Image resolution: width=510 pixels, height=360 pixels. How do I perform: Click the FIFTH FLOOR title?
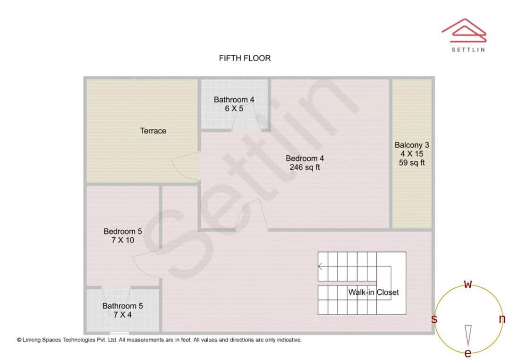pyautogui.click(x=245, y=58)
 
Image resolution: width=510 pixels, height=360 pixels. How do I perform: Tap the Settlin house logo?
pyautogui.click(x=464, y=30)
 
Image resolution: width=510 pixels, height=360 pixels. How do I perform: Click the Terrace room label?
pyautogui.click(x=153, y=131)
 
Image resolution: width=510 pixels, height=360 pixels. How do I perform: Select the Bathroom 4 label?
pyautogui.click(x=234, y=100)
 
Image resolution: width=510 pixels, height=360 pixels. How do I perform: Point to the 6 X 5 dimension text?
pyautogui.click(x=234, y=109)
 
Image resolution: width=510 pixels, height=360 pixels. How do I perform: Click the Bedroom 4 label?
pyautogui.click(x=305, y=158)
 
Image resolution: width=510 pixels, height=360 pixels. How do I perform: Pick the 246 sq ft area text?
pyautogui.click(x=305, y=167)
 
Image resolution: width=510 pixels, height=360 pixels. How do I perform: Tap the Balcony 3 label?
pyautogui.click(x=412, y=145)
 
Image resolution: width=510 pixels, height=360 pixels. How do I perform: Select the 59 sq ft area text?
pyautogui.click(x=412, y=163)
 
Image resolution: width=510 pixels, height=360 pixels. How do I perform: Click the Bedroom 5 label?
pyautogui.click(x=123, y=231)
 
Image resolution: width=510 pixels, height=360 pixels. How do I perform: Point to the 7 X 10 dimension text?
pyautogui.click(x=123, y=240)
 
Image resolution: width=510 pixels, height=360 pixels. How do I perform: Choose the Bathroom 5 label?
pyautogui.click(x=123, y=306)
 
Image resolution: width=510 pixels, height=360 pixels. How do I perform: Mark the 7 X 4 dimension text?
pyautogui.click(x=123, y=315)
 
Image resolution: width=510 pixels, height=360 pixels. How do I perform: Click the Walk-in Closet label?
pyautogui.click(x=374, y=292)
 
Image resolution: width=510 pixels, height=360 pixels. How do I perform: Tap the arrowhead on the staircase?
pyautogui.click(x=320, y=267)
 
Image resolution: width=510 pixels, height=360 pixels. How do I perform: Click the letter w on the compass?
pyautogui.click(x=468, y=285)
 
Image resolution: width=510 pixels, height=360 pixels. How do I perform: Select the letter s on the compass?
pyautogui.click(x=434, y=319)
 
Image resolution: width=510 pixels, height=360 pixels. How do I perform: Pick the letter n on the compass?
pyautogui.click(x=502, y=319)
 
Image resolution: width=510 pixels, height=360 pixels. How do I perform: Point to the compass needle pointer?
pyautogui.click(x=468, y=334)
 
